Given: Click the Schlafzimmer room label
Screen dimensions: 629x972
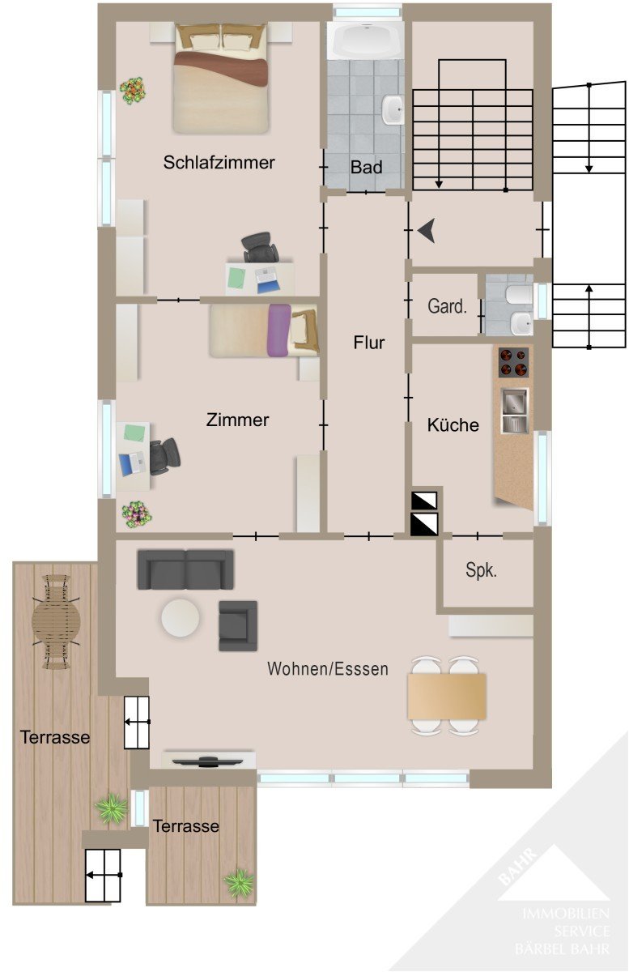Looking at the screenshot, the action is pos(219,163).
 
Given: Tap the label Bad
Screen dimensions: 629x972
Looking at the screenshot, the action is pos(367,167).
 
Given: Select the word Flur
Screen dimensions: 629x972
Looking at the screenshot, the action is pos(369,343).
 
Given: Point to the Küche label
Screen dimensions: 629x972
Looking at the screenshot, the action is pos(453,424).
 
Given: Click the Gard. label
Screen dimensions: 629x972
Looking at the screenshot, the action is pos(447,306).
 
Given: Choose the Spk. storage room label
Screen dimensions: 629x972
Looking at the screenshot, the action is pos(481,570).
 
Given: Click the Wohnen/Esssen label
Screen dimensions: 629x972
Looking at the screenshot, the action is pos(328,669).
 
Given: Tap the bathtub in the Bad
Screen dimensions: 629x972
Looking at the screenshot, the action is pos(365,40).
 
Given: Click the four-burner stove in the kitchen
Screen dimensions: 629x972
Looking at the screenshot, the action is pos(513,362).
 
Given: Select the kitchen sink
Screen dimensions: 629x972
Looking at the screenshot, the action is pos(515,411).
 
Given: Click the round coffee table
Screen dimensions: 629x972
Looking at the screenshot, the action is pos(181,618).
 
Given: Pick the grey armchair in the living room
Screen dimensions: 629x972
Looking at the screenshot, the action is pos(238,625).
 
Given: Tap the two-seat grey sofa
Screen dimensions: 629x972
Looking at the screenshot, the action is pos(185,569).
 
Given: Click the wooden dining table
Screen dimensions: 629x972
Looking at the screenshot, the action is pos(447,696).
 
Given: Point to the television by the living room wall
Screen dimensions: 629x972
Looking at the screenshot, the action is pos(202,761).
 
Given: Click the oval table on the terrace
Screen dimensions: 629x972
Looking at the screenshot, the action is pos(57,621).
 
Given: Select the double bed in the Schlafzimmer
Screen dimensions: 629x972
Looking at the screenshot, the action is pos(221,78).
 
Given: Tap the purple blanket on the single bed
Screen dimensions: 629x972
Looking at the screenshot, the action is pos(278,330).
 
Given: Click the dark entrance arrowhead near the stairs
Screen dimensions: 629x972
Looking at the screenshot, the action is pos(427,230).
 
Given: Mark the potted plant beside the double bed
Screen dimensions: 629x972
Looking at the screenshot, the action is pos(133,91).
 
